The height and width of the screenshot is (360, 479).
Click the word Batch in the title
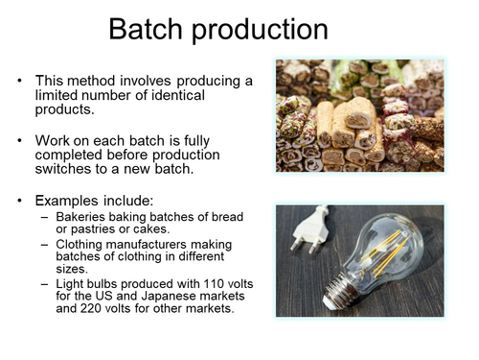coord(143,30)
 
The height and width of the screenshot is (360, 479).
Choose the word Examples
coord(70,201)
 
